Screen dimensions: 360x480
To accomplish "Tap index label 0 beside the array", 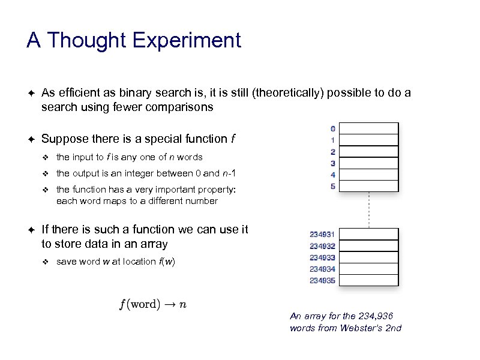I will point(332,128).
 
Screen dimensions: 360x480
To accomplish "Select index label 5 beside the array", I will point(332,186).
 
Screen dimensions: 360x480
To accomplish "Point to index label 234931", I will point(322,235).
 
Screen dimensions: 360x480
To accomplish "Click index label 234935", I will point(322,280).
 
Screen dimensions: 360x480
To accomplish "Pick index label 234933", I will point(322,257).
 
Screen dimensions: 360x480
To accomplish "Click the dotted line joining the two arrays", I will point(369,210).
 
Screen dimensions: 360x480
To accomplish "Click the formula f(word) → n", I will point(153,304).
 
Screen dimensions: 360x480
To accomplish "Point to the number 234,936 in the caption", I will point(376,316).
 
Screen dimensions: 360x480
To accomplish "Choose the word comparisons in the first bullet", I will point(181,107).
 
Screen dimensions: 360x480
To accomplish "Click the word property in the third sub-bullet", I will point(216,190).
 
